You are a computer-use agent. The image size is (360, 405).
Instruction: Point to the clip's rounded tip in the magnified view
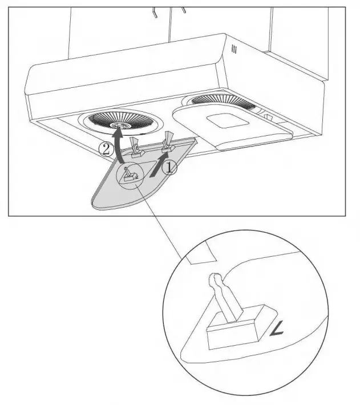[216, 280]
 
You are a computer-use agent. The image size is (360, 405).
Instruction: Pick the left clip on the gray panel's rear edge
[136, 147]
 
